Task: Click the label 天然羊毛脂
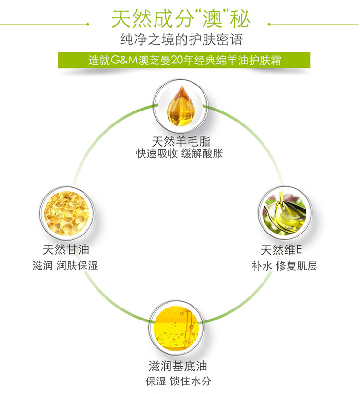click(x=180, y=141)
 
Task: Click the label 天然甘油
click(x=66, y=250)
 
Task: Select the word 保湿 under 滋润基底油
click(x=156, y=382)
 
